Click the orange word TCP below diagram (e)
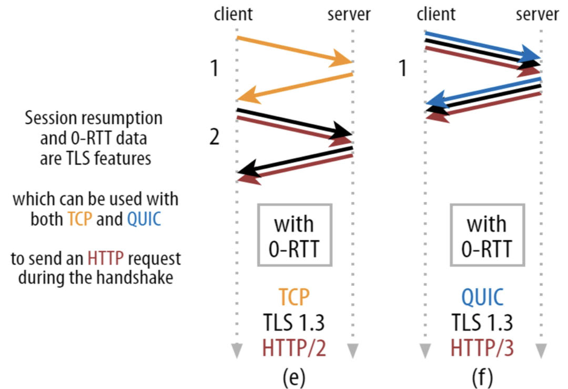(x=294, y=297)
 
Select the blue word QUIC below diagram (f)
(x=482, y=297)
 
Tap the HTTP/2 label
(x=294, y=347)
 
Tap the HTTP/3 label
(x=482, y=347)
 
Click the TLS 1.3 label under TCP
(x=294, y=322)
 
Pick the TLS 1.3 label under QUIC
(x=482, y=322)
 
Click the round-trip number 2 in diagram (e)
(x=215, y=137)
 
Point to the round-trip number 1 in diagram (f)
(x=403, y=68)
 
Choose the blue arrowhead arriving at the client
(x=436, y=99)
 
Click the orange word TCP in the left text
(x=80, y=219)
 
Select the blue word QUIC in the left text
(x=144, y=219)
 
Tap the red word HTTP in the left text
(x=105, y=259)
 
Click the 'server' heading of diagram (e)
(x=349, y=15)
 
